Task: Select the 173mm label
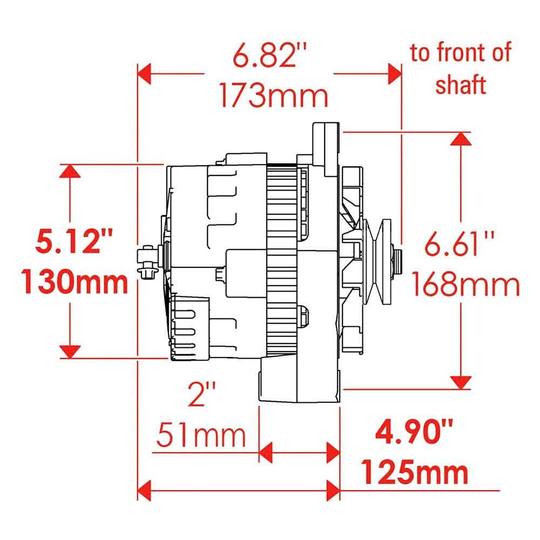tap(274, 96)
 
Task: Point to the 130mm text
tap(75, 282)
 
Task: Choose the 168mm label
tap(465, 285)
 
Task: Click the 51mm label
tap(201, 435)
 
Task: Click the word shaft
tap(461, 85)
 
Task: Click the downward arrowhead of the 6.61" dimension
tap(460, 382)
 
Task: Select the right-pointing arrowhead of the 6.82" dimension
tap(395, 73)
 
